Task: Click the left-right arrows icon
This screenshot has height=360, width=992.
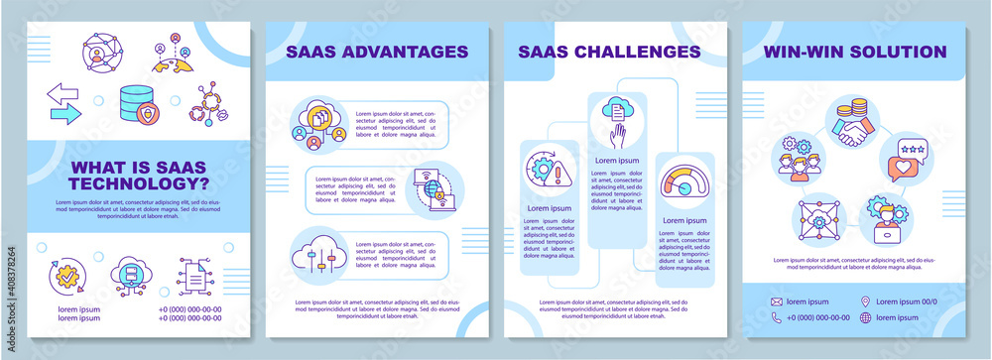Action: click(64, 103)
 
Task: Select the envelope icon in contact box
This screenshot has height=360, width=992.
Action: click(776, 300)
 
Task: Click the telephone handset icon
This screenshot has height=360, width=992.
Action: click(776, 317)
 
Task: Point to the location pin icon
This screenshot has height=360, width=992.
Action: click(865, 300)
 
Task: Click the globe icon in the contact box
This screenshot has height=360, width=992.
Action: click(865, 317)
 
